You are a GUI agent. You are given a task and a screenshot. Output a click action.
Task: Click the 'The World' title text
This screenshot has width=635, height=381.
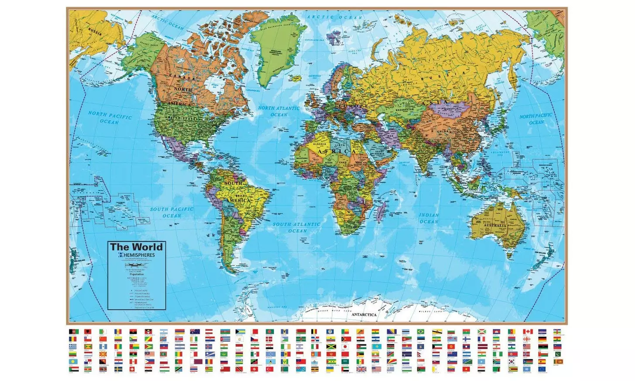coord(136,247)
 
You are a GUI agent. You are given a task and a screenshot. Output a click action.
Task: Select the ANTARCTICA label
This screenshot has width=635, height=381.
coord(364,315)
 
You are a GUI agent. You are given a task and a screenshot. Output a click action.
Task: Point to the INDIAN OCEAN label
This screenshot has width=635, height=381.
coord(429,218)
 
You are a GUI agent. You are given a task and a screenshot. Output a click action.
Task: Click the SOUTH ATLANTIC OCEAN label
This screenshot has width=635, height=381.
coord(297,227)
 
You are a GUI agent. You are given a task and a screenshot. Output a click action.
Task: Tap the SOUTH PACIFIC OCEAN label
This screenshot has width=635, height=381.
coord(172,213)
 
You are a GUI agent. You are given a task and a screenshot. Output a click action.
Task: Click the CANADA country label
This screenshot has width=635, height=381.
coord(182,77)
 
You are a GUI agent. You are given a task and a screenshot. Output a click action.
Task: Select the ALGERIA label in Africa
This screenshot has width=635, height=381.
coord(320,144)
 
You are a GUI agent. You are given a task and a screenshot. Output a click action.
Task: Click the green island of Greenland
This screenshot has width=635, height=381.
coord(277,44)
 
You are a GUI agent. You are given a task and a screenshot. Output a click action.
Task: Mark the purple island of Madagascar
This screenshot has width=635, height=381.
coord(381,213)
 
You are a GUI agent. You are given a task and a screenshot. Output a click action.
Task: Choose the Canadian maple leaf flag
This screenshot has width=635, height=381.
coord(528,332)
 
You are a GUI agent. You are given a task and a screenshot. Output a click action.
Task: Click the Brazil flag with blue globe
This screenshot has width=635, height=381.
coord(421,332)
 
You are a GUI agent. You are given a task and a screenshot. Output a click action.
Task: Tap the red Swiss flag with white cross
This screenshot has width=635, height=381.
coord(132,369)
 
